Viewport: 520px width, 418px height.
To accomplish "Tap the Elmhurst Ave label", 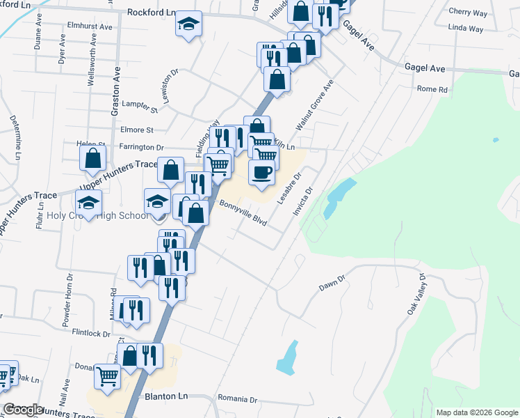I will coord(90,26).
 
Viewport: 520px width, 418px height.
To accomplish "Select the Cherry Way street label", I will coord(468,13).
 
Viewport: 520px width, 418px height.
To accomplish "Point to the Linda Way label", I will coord(466,29).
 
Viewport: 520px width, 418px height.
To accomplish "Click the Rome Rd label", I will coord(432,89).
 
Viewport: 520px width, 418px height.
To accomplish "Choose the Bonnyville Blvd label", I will coord(243,213).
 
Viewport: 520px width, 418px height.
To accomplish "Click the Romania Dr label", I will coord(236,400).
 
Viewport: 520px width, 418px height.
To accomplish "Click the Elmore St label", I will coord(136,130).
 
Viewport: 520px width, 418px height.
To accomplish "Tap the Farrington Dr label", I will coord(140,148).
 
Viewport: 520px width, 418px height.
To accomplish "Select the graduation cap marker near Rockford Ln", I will coord(188,24).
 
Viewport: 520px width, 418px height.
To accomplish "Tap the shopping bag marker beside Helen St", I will coord(92,158).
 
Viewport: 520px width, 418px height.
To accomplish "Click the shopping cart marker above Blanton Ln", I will coord(108,376).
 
